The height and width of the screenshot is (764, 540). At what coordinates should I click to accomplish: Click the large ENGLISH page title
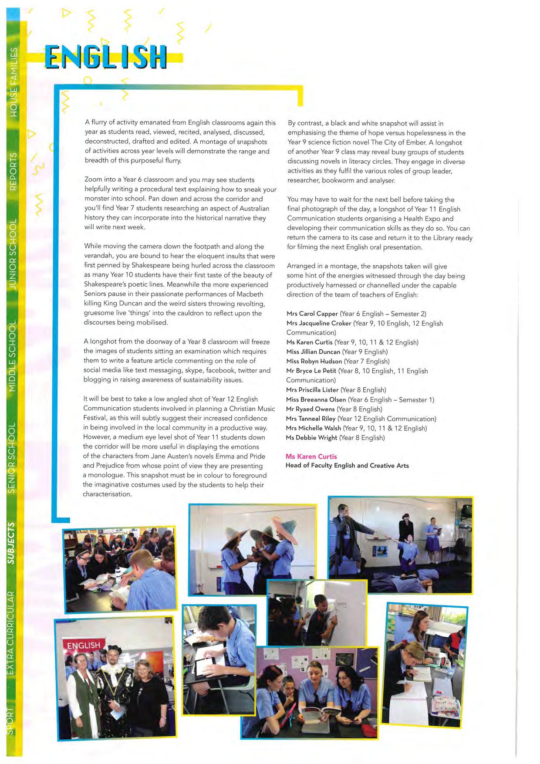(x=106, y=57)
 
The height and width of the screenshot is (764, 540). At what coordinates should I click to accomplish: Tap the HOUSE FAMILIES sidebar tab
(x=13, y=82)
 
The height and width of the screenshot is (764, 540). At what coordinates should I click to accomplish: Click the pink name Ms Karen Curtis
(x=311, y=456)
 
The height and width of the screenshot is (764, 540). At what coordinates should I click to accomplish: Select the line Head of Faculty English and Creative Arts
(x=347, y=466)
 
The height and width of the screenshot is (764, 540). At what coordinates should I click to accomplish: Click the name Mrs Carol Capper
(x=312, y=314)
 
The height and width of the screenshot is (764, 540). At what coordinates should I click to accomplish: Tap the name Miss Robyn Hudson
(x=314, y=361)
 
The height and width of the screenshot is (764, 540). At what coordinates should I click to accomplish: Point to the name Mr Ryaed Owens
(x=310, y=409)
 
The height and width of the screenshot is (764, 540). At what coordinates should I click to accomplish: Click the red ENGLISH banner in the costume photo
(x=84, y=645)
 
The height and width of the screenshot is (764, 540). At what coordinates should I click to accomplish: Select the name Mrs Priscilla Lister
(x=312, y=390)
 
